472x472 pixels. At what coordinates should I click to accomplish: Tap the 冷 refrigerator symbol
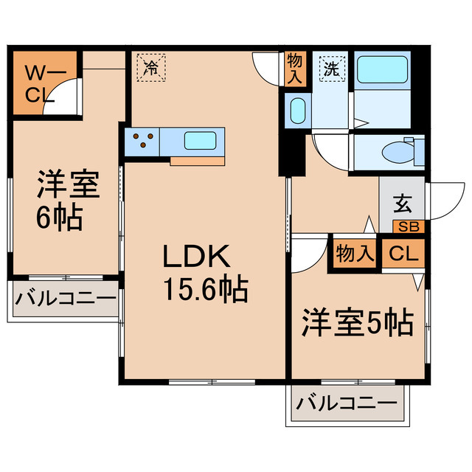click(x=150, y=68)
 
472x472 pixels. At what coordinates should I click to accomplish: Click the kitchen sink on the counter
click(x=199, y=141)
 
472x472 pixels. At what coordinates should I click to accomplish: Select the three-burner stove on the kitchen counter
click(x=144, y=140)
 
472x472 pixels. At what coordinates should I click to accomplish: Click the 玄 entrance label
click(x=403, y=201)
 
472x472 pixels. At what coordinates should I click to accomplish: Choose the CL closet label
click(x=403, y=254)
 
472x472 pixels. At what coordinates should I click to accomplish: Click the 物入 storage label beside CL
click(x=355, y=254)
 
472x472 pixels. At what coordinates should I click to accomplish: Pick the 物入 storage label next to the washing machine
click(x=295, y=69)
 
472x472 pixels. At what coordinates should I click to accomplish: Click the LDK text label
click(x=197, y=258)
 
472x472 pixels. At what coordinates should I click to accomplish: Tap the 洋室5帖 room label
click(x=356, y=322)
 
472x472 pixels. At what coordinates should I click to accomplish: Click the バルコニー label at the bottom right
click(x=346, y=405)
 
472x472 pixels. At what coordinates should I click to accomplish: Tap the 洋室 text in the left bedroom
click(x=68, y=185)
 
